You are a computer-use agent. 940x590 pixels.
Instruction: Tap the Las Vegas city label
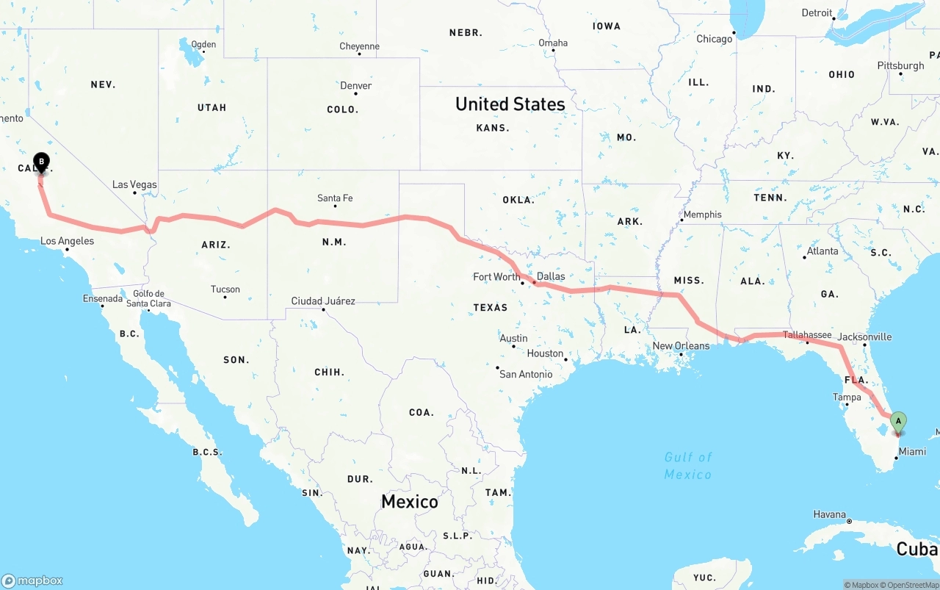click(x=134, y=184)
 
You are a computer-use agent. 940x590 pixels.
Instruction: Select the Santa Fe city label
click(x=335, y=198)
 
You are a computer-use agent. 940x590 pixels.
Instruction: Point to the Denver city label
click(x=355, y=86)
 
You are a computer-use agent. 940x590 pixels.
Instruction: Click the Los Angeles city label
click(x=67, y=241)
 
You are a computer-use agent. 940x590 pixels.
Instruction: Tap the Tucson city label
click(x=225, y=289)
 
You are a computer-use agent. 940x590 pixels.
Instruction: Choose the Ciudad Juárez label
click(x=323, y=301)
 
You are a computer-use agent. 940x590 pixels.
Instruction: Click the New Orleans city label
click(x=681, y=346)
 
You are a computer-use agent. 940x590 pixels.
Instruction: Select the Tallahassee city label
click(x=806, y=335)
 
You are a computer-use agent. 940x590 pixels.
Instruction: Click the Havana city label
click(x=830, y=514)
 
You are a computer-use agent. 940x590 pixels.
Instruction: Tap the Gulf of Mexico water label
click(x=688, y=465)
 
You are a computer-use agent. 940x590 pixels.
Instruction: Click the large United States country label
click(x=510, y=104)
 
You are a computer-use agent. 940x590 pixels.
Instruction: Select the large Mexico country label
click(x=409, y=502)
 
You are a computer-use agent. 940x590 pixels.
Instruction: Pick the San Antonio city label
click(x=526, y=374)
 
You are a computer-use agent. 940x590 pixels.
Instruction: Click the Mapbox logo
click(x=32, y=580)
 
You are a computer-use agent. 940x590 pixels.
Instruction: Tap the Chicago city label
click(x=714, y=39)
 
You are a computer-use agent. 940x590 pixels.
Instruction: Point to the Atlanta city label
click(x=822, y=251)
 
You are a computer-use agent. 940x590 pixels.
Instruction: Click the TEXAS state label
click(x=490, y=307)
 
